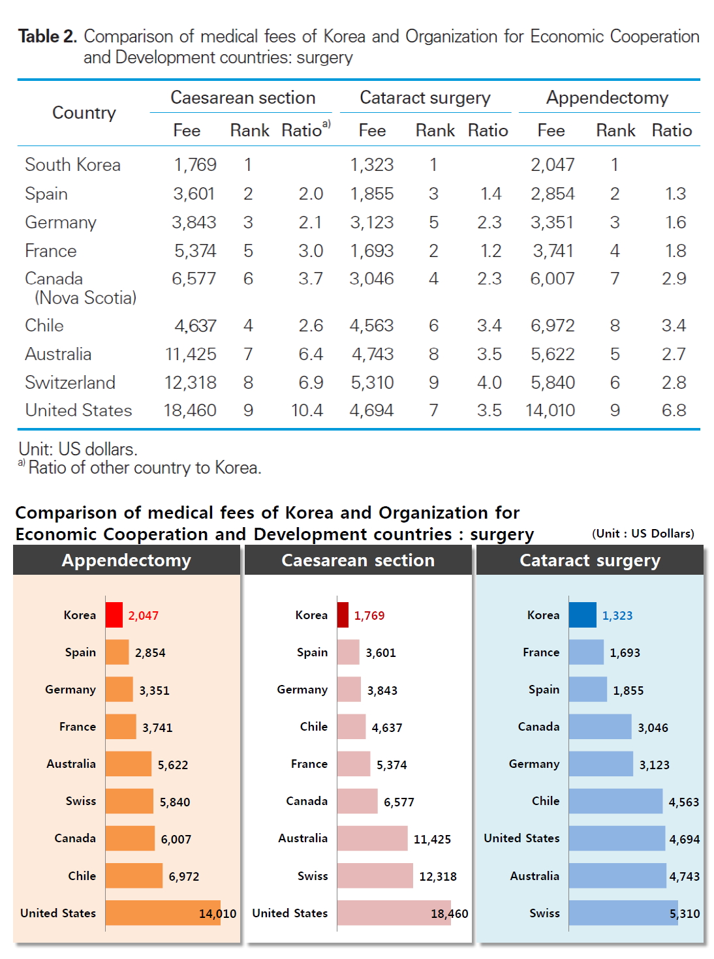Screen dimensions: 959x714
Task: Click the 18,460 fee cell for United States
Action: tap(190, 410)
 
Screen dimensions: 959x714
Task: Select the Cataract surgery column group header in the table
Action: tap(425, 98)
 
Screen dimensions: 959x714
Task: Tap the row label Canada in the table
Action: tap(54, 279)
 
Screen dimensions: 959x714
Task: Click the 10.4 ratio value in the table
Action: tap(307, 410)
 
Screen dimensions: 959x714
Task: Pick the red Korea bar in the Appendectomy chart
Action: tap(114, 615)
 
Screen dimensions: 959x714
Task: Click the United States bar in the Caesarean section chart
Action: tap(394, 913)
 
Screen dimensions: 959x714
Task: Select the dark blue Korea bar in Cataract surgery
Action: tap(582, 615)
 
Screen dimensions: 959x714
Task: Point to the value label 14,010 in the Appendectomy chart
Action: tap(217, 913)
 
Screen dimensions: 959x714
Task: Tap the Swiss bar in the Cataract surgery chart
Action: tap(623, 913)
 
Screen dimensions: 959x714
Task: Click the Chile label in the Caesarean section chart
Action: tap(314, 727)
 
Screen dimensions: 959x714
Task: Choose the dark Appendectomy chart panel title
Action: tap(127, 560)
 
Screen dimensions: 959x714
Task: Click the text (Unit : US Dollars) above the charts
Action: tap(643, 534)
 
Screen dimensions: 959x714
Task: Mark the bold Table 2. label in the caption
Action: tap(48, 37)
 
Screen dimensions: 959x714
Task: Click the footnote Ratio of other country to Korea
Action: tap(144, 468)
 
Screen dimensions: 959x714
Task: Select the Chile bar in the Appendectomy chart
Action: tap(134, 875)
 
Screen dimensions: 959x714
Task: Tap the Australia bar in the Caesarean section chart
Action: tap(372, 838)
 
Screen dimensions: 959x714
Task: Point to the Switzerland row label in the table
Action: tap(70, 382)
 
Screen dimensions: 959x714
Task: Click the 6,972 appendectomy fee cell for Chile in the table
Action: tap(552, 326)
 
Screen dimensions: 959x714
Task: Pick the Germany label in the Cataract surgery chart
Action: tap(534, 764)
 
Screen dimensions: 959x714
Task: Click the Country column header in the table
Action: tap(84, 113)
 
